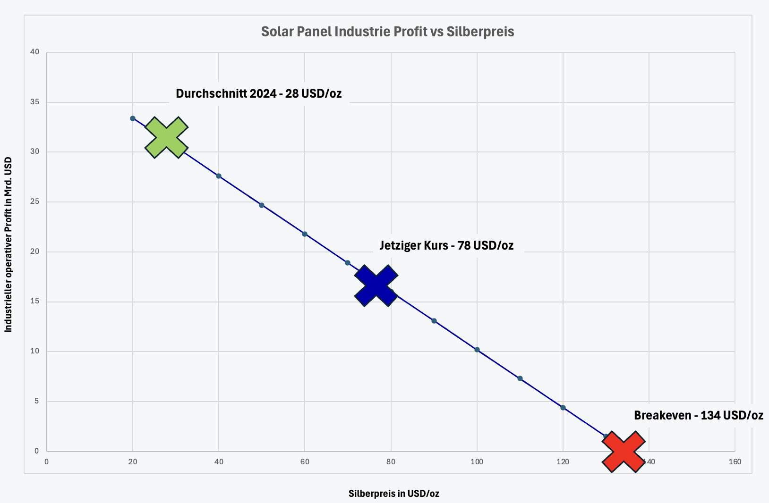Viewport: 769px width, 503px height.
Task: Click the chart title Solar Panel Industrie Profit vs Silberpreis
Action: (387, 32)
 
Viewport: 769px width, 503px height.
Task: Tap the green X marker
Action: (166, 137)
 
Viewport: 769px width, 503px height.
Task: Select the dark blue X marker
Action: (376, 285)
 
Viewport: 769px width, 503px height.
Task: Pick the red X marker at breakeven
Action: (624, 451)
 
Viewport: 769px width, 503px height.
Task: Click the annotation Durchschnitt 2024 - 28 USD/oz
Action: (258, 93)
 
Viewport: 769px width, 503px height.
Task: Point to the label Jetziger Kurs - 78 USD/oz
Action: (446, 245)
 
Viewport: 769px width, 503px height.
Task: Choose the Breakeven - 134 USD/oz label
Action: (698, 415)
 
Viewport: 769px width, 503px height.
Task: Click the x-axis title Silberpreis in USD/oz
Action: (393, 494)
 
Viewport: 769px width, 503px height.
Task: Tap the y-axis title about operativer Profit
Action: (9, 244)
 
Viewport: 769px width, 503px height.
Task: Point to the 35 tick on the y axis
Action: (35, 102)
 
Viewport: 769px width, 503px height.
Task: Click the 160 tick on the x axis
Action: (735, 462)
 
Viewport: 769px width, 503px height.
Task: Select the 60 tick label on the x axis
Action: (305, 462)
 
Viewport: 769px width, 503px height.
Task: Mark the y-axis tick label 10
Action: (35, 351)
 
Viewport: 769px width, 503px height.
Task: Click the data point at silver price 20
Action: (133, 118)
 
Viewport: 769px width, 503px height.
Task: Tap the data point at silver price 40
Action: (219, 176)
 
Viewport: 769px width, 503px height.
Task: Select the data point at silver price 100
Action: (477, 350)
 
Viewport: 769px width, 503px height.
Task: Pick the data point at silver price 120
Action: (563, 408)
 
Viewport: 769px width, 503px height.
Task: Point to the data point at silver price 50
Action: (262, 205)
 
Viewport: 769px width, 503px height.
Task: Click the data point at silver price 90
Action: (434, 321)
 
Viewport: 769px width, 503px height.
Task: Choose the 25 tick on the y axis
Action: (35, 201)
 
